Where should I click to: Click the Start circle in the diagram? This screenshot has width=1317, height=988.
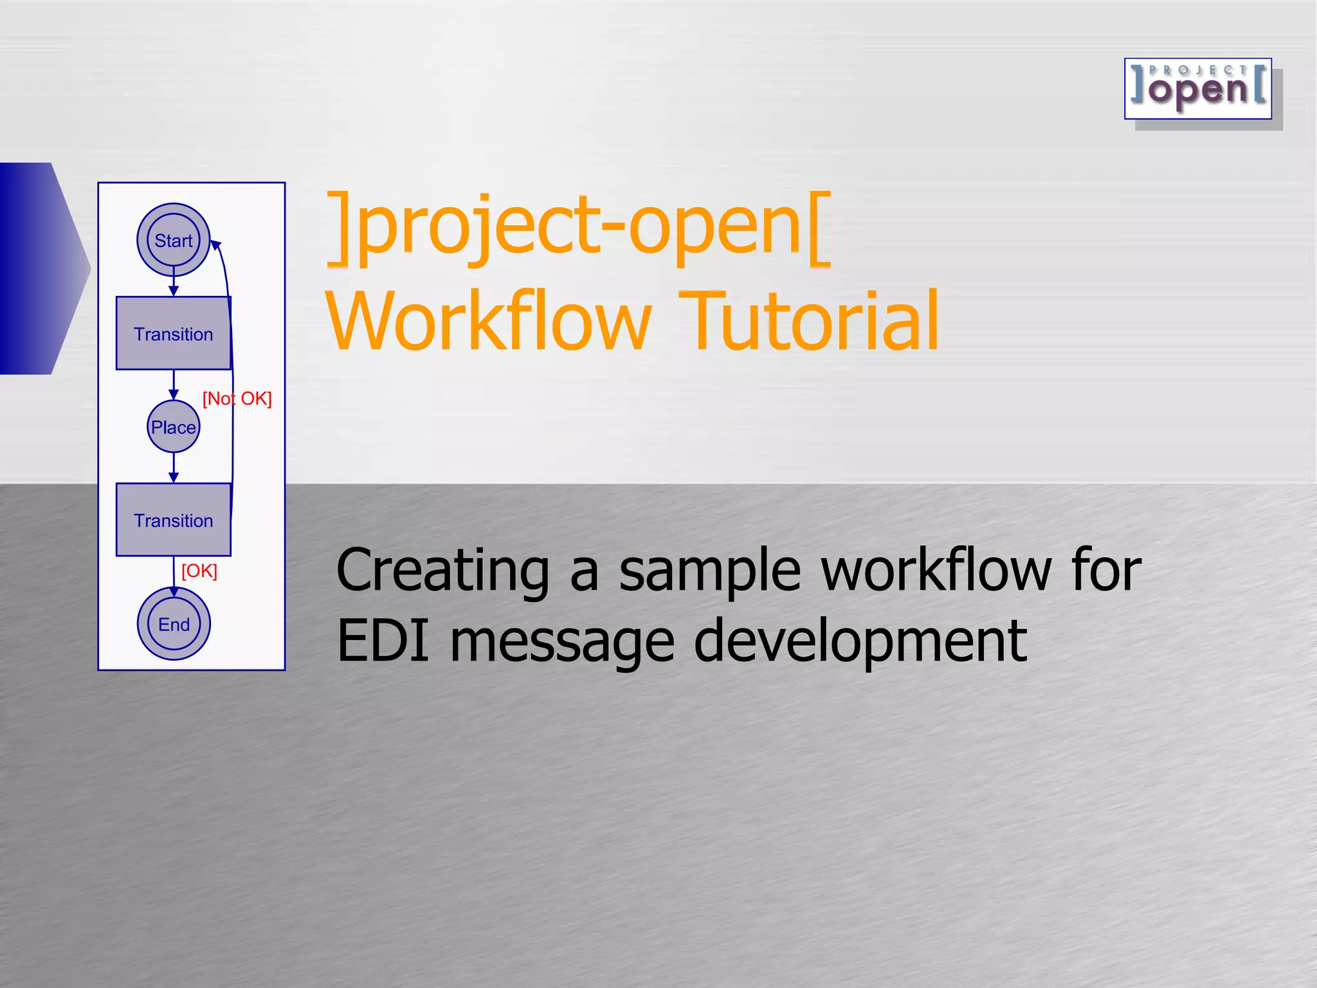(x=174, y=240)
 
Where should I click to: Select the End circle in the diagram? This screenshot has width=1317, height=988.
(x=174, y=623)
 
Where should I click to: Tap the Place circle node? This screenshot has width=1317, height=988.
(x=174, y=426)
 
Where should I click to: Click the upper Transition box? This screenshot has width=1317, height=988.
(x=173, y=333)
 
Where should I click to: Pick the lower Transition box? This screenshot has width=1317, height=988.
(x=173, y=520)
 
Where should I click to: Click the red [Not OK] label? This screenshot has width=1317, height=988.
(x=237, y=399)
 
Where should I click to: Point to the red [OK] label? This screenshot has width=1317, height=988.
(x=199, y=571)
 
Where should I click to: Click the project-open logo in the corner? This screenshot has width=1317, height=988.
(x=1198, y=89)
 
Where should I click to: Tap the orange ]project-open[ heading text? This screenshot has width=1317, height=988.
(x=579, y=228)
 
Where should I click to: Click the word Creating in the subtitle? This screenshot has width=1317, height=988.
(x=442, y=571)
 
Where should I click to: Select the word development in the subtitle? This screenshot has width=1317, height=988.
(x=860, y=642)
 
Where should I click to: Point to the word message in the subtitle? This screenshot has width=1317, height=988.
(x=562, y=642)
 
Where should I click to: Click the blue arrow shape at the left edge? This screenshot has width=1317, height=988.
(x=39, y=268)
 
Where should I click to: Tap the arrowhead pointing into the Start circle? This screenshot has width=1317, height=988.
(x=216, y=245)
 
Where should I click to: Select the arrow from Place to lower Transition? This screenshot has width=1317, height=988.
(x=174, y=468)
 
